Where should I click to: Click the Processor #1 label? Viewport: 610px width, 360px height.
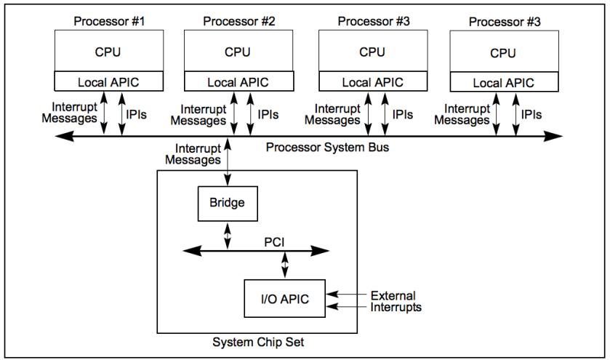tap(109, 21)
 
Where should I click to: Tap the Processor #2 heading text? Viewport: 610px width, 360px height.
tap(238, 21)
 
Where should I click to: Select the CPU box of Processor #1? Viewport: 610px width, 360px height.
tap(108, 52)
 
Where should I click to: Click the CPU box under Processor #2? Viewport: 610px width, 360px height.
tap(238, 52)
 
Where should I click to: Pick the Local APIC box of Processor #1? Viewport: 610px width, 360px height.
tap(108, 82)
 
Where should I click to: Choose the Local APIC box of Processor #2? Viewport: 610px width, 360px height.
tap(238, 82)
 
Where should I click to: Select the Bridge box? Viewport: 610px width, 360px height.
tap(228, 203)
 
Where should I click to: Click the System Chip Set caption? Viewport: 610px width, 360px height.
tap(257, 343)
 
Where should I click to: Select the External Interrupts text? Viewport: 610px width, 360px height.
tap(396, 302)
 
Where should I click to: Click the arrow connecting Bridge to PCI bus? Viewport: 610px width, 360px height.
tap(228, 235)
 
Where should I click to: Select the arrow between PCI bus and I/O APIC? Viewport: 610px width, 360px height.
tap(286, 265)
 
